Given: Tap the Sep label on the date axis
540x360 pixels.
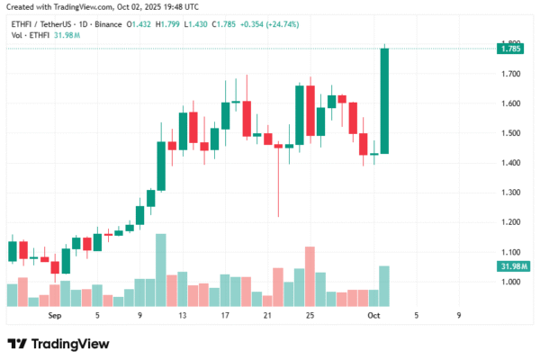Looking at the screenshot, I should pyautogui.click(x=55, y=316).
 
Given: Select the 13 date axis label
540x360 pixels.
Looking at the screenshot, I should pyautogui.click(x=182, y=316).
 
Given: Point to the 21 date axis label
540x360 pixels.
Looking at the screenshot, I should pyautogui.click(x=267, y=316).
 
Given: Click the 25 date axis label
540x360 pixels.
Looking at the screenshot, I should pyautogui.click(x=310, y=316).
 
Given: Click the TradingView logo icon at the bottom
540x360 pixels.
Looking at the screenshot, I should pyautogui.click(x=17, y=344).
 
